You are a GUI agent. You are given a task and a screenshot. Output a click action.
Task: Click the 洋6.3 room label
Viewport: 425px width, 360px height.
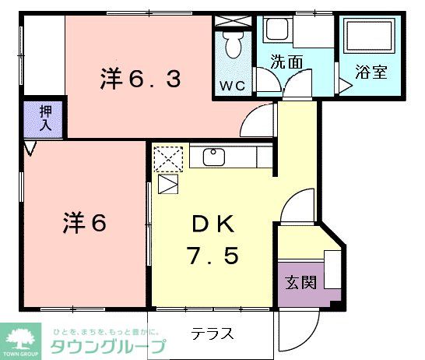(139, 78)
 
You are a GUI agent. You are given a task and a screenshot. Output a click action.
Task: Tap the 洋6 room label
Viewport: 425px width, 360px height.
(83, 223)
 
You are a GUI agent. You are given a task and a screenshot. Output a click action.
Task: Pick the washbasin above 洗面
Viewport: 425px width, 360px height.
(277, 30)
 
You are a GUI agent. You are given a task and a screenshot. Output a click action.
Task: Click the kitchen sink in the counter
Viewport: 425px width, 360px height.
(214, 157)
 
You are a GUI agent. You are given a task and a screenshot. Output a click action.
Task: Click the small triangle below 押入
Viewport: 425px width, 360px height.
(30, 148)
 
